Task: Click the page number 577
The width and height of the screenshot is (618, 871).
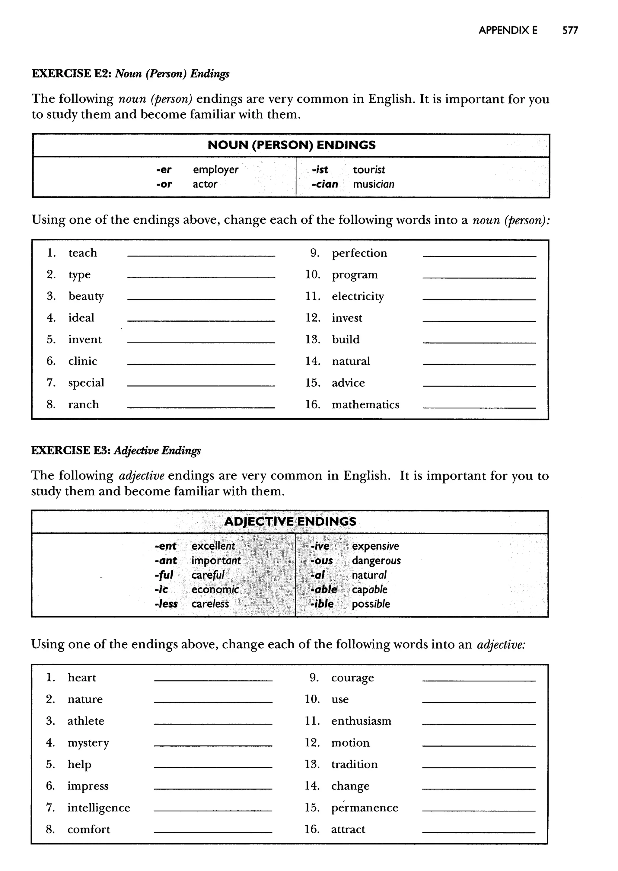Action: (x=570, y=30)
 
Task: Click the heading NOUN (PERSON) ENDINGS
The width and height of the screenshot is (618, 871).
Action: (x=291, y=145)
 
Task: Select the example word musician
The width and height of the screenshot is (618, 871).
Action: (x=373, y=184)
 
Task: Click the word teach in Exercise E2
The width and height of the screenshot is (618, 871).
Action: (x=83, y=253)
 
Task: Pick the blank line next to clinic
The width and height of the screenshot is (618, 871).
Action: (x=201, y=364)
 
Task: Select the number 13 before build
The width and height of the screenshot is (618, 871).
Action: (x=313, y=340)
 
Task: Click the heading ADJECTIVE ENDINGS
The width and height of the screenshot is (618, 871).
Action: (x=290, y=521)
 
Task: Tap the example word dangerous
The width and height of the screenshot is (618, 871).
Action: (x=376, y=560)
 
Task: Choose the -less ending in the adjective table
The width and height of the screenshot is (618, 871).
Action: (x=166, y=604)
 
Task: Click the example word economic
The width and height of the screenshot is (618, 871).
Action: (x=215, y=589)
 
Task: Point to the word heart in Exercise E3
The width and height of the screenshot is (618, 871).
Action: (x=82, y=678)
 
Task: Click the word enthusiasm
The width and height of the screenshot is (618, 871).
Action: (x=361, y=721)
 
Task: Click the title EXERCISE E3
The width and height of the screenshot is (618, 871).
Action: (x=71, y=451)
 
